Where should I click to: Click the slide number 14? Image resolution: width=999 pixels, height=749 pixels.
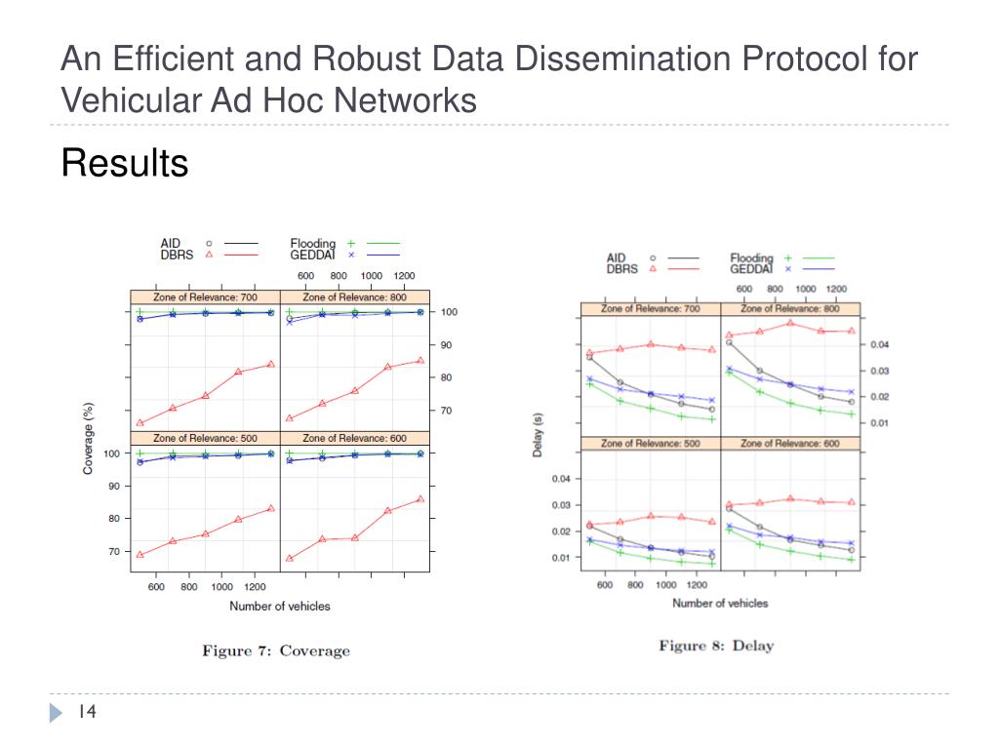pyautogui.click(x=87, y=713)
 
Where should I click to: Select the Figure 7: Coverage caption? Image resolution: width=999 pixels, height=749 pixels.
pyautogui.click(x=275, y=650)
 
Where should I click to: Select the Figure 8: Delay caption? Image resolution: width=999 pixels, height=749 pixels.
pyautogui.click(x=715, y=646)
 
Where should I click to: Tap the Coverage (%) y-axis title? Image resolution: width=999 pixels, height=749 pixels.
pyautogui.click(x=89, y=438)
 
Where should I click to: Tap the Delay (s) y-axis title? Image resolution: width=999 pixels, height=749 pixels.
pyautogui.click(x=539, y=449)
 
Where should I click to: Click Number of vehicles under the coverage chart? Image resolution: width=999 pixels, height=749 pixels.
pyautogui.click(x=280, y=607)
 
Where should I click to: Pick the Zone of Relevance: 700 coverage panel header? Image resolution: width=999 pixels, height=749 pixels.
pyautogui.click(x=205, y=296)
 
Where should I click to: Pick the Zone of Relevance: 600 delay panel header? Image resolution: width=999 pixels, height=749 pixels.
pyautogui.click(x=789, y=444)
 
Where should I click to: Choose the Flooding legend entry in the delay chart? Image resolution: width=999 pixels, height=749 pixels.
pyautogui.click(x=751, y=258)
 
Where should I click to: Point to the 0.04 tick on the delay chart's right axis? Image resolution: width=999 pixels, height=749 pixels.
pyautogui.click(x=881, y=344)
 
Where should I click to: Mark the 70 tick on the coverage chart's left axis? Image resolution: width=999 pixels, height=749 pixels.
pyautogui.click(x=112, y=552)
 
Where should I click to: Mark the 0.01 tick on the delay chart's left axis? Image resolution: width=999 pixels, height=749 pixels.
pyautogui.click(x=560, y=558)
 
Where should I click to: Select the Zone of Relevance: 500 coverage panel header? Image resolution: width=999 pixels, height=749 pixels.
pyautogui.click(x=205, y=438)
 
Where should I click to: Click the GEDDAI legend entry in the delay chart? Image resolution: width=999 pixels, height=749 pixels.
pyautogui.click(x=751, y=269)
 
